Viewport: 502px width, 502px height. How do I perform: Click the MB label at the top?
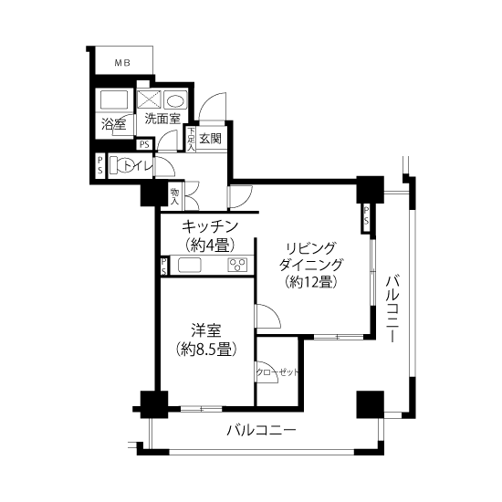pos(122,63)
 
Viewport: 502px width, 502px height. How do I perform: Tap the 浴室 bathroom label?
pos(113,124)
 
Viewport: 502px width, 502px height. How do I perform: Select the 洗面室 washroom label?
pos(162,119)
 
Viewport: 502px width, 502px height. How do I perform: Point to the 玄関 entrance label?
pos(210,139)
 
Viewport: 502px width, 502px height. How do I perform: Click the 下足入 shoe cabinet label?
pos(191,140)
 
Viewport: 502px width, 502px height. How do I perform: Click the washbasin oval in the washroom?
pos(175,99)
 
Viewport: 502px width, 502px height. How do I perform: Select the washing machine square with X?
pos(149,99)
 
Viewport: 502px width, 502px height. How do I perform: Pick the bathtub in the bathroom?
pos(114,99)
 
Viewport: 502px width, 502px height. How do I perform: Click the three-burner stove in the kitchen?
pos(237,265)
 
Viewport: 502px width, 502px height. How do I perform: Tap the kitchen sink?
pos(190,265)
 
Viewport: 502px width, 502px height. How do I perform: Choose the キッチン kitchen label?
pos(210,226)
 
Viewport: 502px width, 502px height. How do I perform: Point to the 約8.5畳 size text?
pos(206,349)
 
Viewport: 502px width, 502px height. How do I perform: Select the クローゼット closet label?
pos(277,372)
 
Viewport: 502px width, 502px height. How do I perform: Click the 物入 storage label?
pos(174,197)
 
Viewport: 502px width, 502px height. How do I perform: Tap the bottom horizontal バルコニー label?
pos(261,431)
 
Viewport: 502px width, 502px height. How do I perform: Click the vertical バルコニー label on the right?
pos(392,309)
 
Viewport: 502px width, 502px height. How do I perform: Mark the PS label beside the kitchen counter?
pos(164,267)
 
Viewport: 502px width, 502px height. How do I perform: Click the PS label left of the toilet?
pos(100,165)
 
